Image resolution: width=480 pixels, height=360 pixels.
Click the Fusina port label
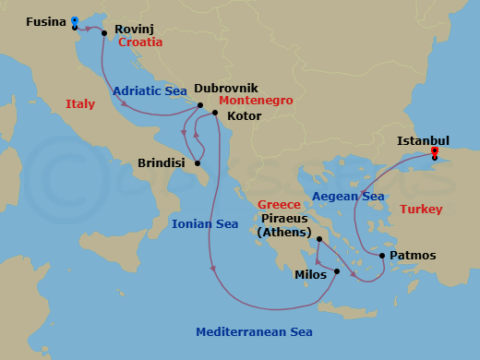tap(45, 20)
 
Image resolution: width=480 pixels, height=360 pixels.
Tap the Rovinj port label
tap(134, 29)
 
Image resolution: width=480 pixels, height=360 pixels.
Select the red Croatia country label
tap(140, 42)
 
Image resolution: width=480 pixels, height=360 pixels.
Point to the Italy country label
tap(80, 104)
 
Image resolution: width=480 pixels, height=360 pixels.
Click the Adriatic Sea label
tap(150, 91)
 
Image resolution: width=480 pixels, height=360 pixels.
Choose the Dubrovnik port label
tap(227, 90)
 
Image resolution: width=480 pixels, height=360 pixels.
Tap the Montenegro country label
tap(257, 100)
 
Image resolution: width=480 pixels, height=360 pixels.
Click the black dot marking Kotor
tap(215, 114)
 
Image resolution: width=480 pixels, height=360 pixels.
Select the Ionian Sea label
tap(205, 223)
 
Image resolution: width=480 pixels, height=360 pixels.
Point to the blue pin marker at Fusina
tap(74, 20)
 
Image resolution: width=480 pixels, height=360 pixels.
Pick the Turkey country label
tap(421, 210)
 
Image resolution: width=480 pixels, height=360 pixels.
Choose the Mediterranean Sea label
tap(254, 332)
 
